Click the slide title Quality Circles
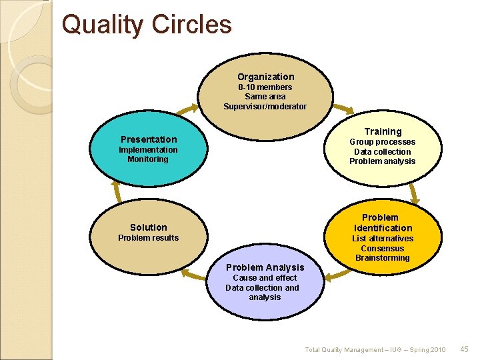point(147,25)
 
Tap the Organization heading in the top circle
point(265,77)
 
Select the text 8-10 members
point(265,87)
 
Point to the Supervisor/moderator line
point(265,107)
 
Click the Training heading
point(383,131)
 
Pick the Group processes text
point(383,142)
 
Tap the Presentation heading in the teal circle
point(149,139)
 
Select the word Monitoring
point(148,159)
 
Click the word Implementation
point(148,150)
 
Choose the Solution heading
point(149,227)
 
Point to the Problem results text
point(149,238)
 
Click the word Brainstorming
point(383,258)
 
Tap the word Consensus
point(383,249)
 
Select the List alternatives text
point(383,239)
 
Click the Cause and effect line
point(265,278)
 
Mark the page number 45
point(465,349)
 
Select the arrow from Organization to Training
point(343,109)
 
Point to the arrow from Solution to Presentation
point(119,193)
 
